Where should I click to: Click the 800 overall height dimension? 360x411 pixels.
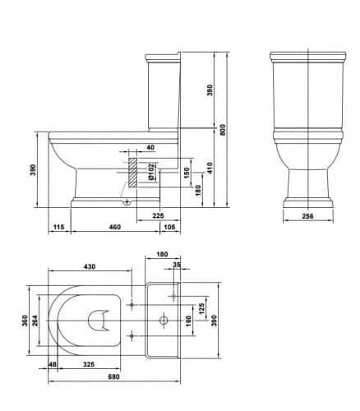(223, 129)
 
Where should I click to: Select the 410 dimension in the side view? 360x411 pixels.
(210, 169)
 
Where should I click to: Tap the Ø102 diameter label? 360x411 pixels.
(151, 172)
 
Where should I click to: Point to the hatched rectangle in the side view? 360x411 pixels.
(133, 173)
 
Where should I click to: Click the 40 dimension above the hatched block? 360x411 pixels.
(150, 147)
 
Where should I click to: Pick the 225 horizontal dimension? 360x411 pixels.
(158, 215)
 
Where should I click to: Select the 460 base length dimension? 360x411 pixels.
(115, 227)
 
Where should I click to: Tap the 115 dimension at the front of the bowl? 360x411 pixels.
(58, 227)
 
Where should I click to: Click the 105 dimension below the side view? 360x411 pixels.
(169, 227)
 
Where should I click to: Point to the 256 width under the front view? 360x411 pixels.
(307, 216)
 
